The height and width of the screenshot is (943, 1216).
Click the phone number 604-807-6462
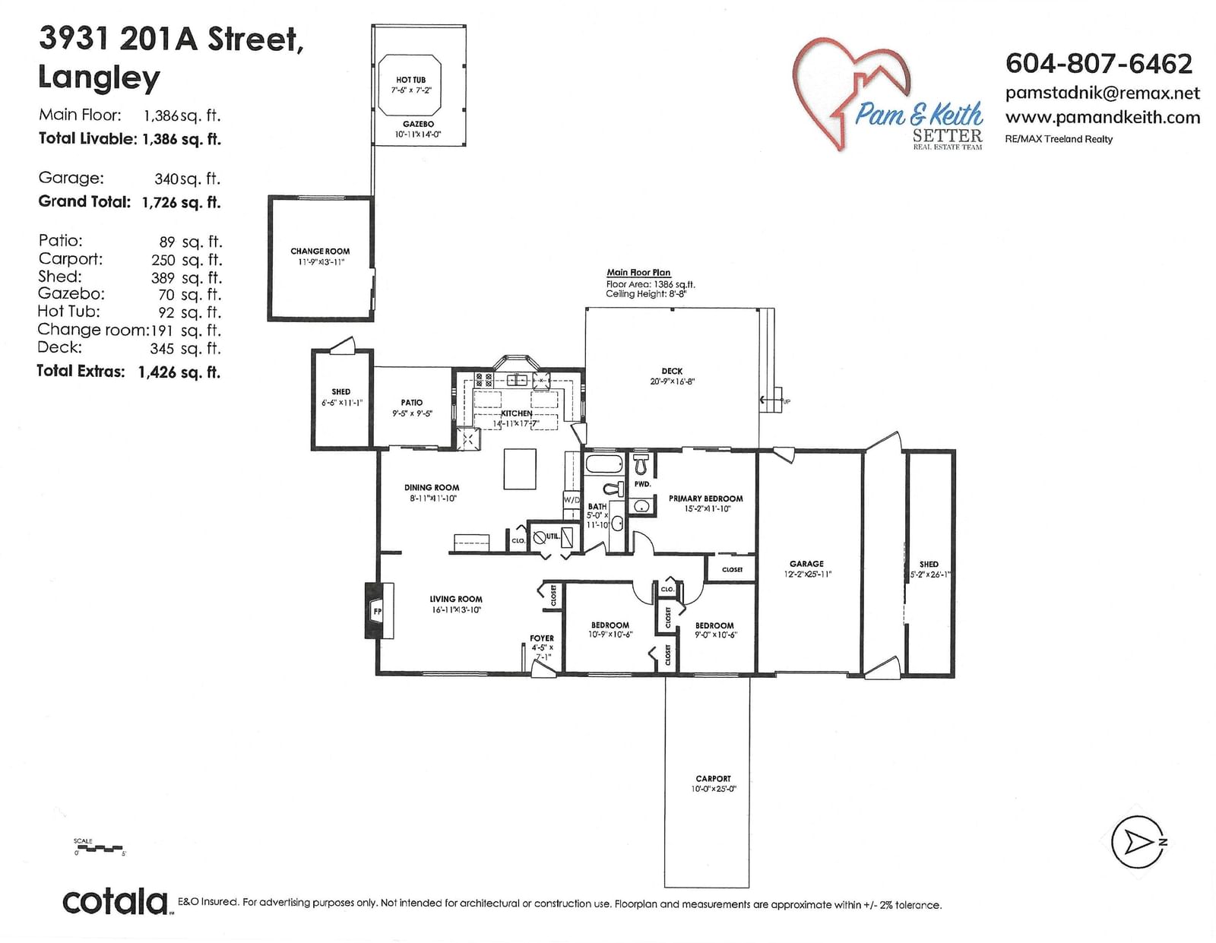[x=1098, y=64]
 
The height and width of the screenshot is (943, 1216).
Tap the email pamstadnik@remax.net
[x=1103, y=93]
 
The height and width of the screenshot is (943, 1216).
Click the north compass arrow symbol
[x=1136, y=842]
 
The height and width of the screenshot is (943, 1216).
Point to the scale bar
[x=100, y=848]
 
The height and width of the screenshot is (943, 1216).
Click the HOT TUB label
[x=410, y=80]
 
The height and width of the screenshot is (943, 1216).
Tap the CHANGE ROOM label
[x=320, y=251]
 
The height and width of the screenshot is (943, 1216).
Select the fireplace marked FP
[x=378, y=610]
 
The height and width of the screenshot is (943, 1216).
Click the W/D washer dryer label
[x=572, y=500]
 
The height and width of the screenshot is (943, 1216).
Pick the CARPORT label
[x=713, y=778]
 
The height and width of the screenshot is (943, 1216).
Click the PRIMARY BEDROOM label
[x=705, y=498]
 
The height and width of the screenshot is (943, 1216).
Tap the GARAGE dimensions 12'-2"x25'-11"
[x=807, y=574]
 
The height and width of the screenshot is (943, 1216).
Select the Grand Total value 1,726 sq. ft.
[x=182, y=202]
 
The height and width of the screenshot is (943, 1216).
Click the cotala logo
[x=116, y=901]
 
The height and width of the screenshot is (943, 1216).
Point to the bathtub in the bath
[x=604, y=464]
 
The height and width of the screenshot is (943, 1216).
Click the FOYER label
[x=542, y=638]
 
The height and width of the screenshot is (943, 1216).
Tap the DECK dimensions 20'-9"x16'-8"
[x=672, y=381]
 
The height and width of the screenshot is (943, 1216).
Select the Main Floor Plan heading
[x=638, y=272]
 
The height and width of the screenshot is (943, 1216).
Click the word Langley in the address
[x=99, y=78]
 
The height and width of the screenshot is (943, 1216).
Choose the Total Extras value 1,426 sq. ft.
[x=179, y=372]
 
